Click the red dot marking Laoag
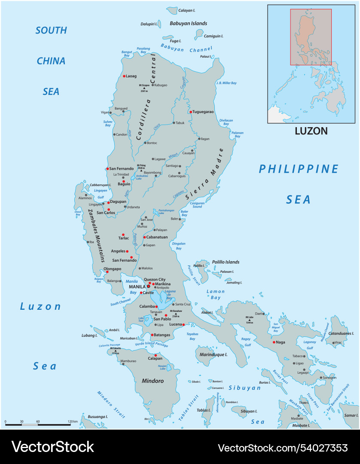click(124, 76)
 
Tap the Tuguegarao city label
click(203, 112)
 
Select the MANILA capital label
click(137, 287)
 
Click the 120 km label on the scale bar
click(72, 421)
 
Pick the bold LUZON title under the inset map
click(311, 131)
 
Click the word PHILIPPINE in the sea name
click(299, 169)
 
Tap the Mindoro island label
click(153, 381)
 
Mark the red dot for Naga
click(274, 342)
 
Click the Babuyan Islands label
click(188, 23)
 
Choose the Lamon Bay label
click(216, 294)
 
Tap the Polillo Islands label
click(226, 262)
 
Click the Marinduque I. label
click(214, 354)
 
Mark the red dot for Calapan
click(156, 355)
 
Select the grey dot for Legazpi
click(304, 369)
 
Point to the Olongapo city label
click(113, 269)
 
